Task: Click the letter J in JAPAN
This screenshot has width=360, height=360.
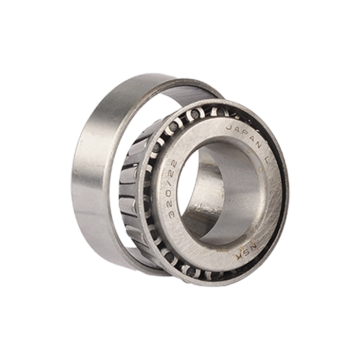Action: click(229, 128)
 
